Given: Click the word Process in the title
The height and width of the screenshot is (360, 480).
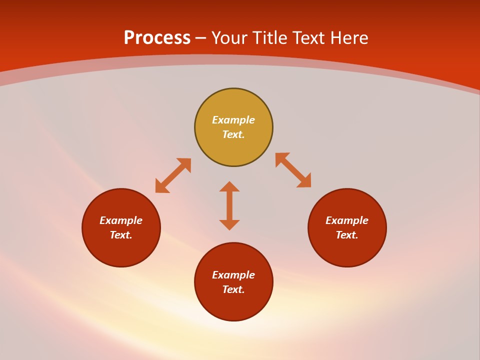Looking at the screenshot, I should [157, 38].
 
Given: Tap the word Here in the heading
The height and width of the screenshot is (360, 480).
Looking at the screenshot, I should [349, 38].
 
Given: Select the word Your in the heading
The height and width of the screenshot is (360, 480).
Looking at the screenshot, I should [230, 38].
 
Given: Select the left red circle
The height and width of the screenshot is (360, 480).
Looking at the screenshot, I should [121, 250].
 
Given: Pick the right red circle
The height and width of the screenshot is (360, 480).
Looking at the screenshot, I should [347, 250].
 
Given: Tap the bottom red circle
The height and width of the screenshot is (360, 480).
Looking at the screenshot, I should [233, 304].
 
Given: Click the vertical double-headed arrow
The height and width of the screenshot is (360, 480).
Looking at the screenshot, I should [229, 205].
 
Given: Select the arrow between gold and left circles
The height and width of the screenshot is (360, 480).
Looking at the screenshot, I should [173, 175].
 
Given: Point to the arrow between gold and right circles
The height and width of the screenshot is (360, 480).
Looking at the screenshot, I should [293, 170].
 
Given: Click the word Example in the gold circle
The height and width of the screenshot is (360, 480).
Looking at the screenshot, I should [233, 120].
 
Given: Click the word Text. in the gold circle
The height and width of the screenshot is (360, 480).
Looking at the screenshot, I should [233, 134].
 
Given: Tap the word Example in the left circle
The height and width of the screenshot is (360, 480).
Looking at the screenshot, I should [121, 220].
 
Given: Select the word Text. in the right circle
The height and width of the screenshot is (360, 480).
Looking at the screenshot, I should [347, 235].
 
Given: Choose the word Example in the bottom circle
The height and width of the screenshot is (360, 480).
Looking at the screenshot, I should [233, 275].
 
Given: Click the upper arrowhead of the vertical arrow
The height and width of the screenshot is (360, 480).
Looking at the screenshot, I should [229, 186].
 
